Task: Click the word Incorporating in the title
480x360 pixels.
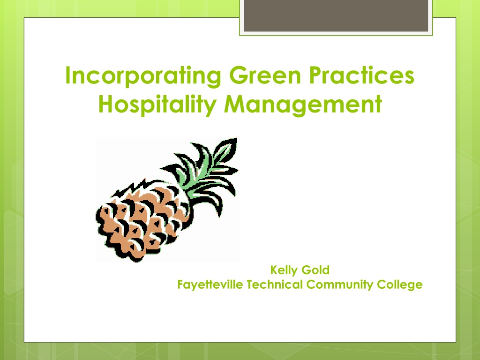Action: (x=143, y=76)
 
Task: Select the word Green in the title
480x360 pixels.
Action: (x=265, y=75)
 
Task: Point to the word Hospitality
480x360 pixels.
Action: (x=157, y=105)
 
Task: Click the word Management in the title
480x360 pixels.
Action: (x=303, y=105)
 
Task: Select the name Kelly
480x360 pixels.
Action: (x=284, y=270)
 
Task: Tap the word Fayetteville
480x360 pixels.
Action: (x=210, y=285)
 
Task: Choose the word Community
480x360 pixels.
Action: (x=340, y=285)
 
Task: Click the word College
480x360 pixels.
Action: (x=400, y=285)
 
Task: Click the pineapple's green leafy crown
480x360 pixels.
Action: (x=205, y=174)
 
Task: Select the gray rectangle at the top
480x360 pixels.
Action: (x=336, y=15)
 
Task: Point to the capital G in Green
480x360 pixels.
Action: (x=239, y=75)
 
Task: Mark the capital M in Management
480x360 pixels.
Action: (x=235, y=104)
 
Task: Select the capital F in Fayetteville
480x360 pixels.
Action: (x=180, y=285)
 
